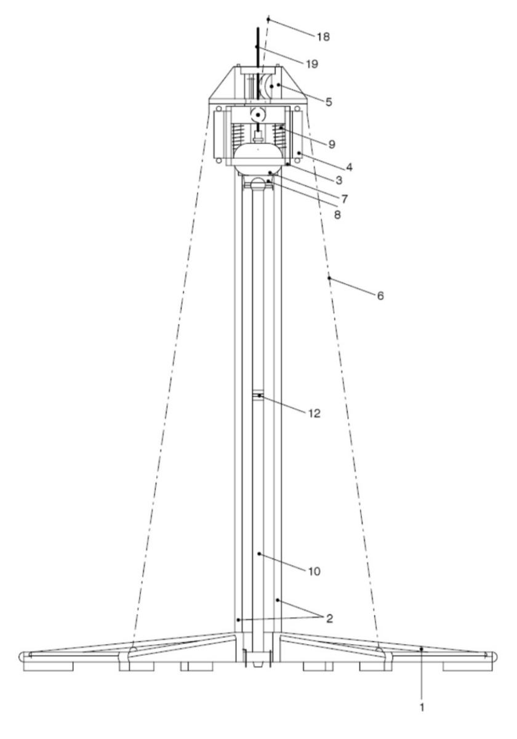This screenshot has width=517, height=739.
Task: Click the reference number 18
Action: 323,36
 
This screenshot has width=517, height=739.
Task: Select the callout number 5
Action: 329,102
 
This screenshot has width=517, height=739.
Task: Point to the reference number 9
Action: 332,144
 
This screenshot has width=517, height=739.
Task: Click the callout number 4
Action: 349,168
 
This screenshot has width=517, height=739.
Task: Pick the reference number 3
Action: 339,180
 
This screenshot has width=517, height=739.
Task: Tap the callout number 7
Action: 344,198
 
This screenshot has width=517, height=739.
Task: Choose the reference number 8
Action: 337,215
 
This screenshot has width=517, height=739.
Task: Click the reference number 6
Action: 380,296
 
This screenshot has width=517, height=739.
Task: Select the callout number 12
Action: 315,413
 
